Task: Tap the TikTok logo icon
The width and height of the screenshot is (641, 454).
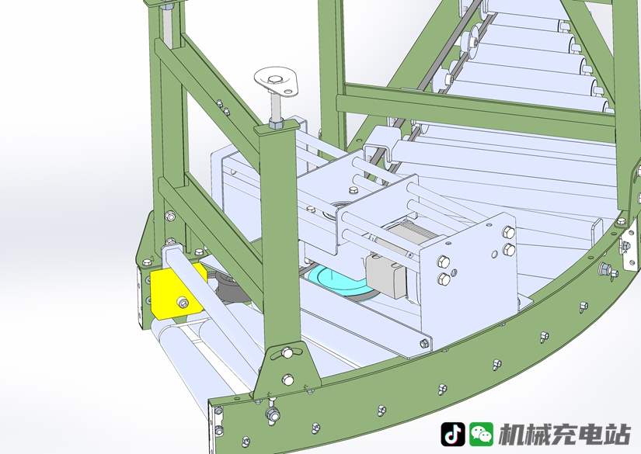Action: [452, 434]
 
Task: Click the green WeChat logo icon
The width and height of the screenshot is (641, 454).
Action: [481, 434]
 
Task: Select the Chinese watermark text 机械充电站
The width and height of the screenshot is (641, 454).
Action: [565, 434]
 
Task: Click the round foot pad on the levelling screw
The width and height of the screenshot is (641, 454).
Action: [277, 81]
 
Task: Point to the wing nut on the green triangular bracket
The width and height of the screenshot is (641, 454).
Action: [287, 351]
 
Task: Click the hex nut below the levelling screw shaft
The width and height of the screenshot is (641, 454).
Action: [276, 123]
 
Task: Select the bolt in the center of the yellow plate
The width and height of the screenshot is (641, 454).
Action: [183, 302]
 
